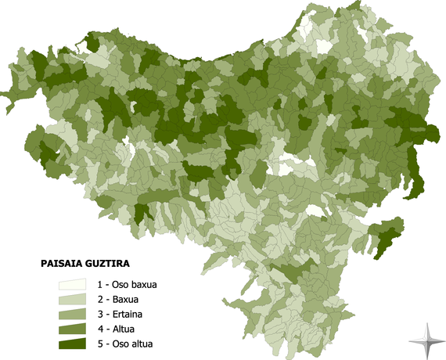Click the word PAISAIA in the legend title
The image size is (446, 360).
(57, 265)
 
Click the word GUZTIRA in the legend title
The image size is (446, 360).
(104, 265)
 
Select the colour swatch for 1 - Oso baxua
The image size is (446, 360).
(73, 285)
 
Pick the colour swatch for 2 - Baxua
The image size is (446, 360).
(73, 300)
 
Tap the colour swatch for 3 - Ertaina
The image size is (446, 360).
(73, 315)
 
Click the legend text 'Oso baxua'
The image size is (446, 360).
(135, 285)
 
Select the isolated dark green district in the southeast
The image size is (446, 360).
(385, 236)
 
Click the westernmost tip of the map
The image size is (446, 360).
(2, 95)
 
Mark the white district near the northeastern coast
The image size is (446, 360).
(321, 45)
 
